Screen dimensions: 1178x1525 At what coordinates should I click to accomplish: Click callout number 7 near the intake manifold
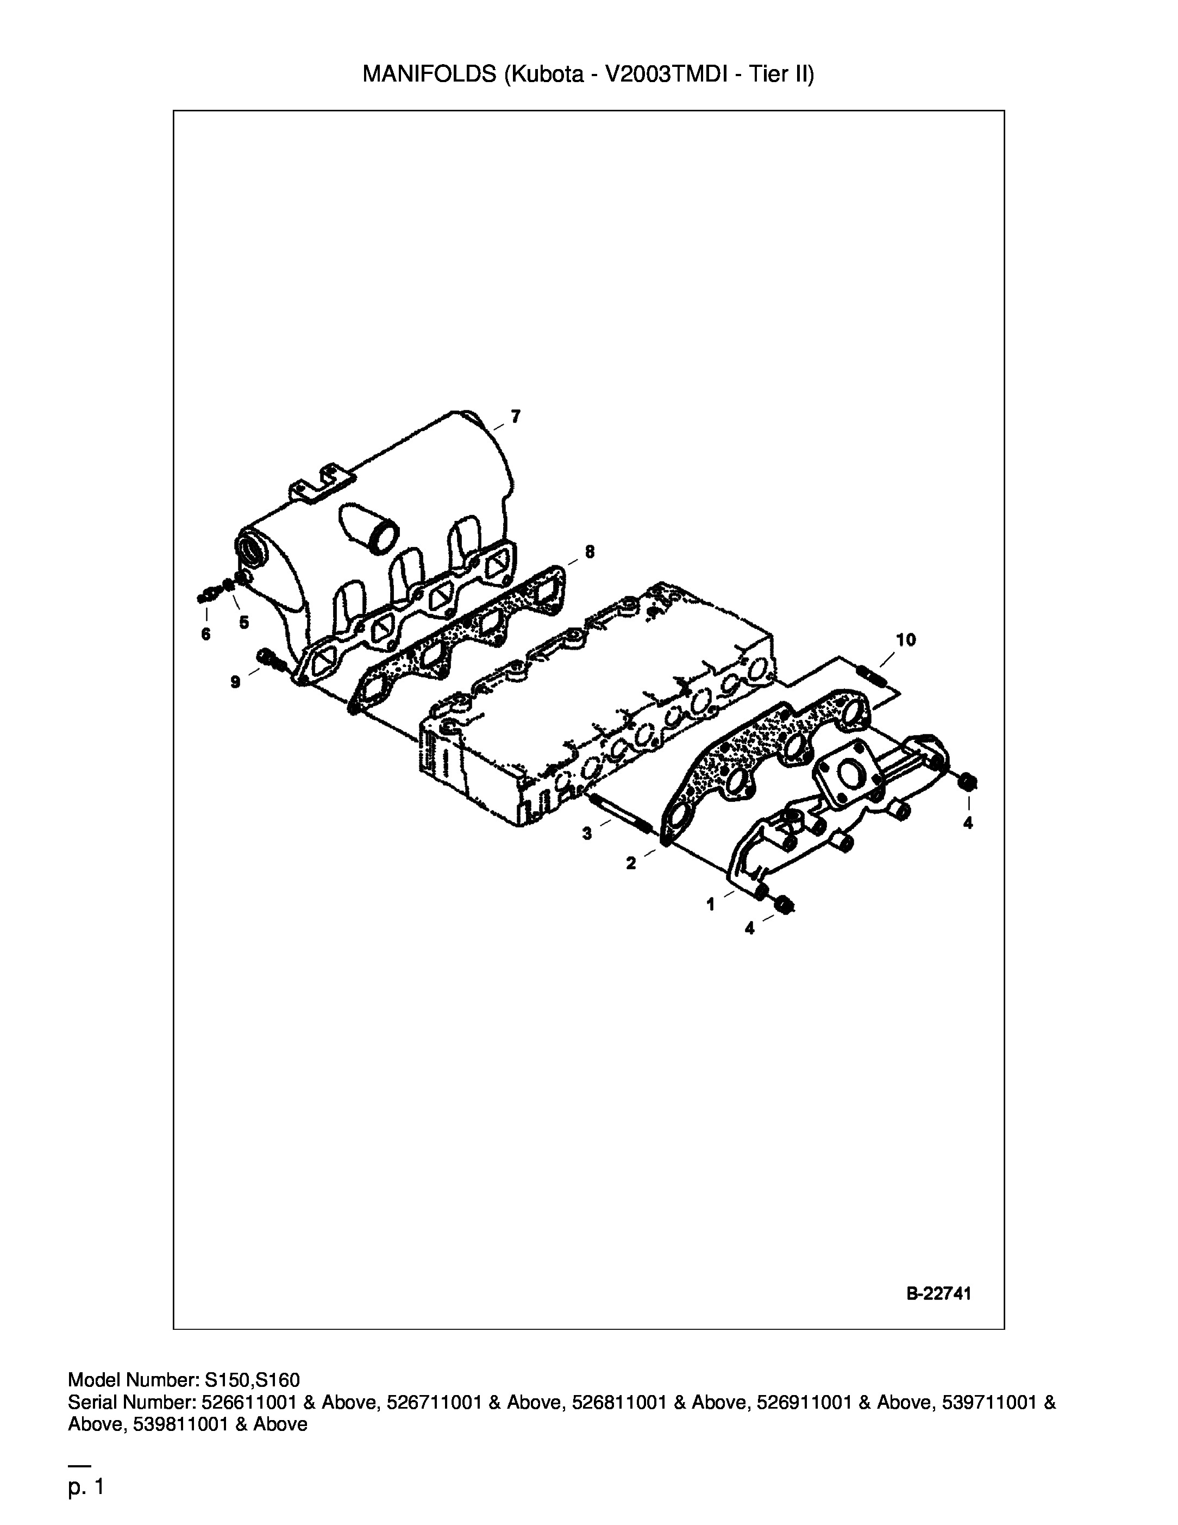coord(515,417)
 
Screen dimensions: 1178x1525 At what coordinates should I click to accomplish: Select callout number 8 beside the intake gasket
coord(590,552)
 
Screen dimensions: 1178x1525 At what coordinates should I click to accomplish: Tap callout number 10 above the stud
coord(906,639)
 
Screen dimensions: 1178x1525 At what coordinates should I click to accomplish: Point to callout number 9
coord(236,682)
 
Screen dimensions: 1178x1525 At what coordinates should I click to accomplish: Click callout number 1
coord(710,905)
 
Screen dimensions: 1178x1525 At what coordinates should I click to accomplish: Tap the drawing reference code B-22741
coord(938,1294)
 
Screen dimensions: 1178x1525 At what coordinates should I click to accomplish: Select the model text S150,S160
coord(253,1380)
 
